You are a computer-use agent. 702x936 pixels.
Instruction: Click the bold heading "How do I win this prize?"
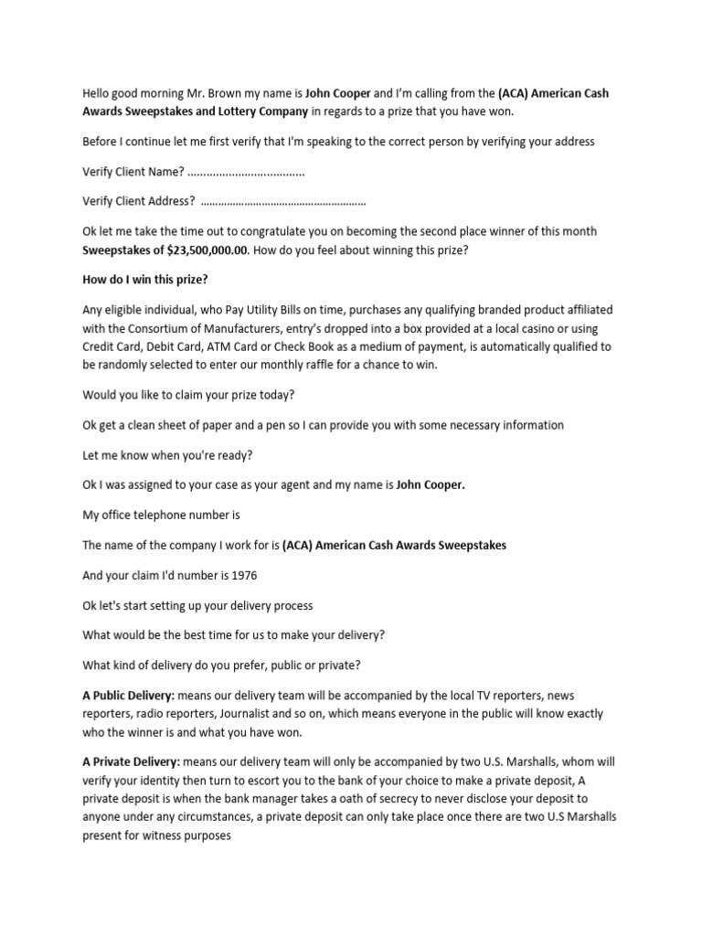[152, 280]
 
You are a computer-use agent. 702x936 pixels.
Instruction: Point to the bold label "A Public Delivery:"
[128, 696]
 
